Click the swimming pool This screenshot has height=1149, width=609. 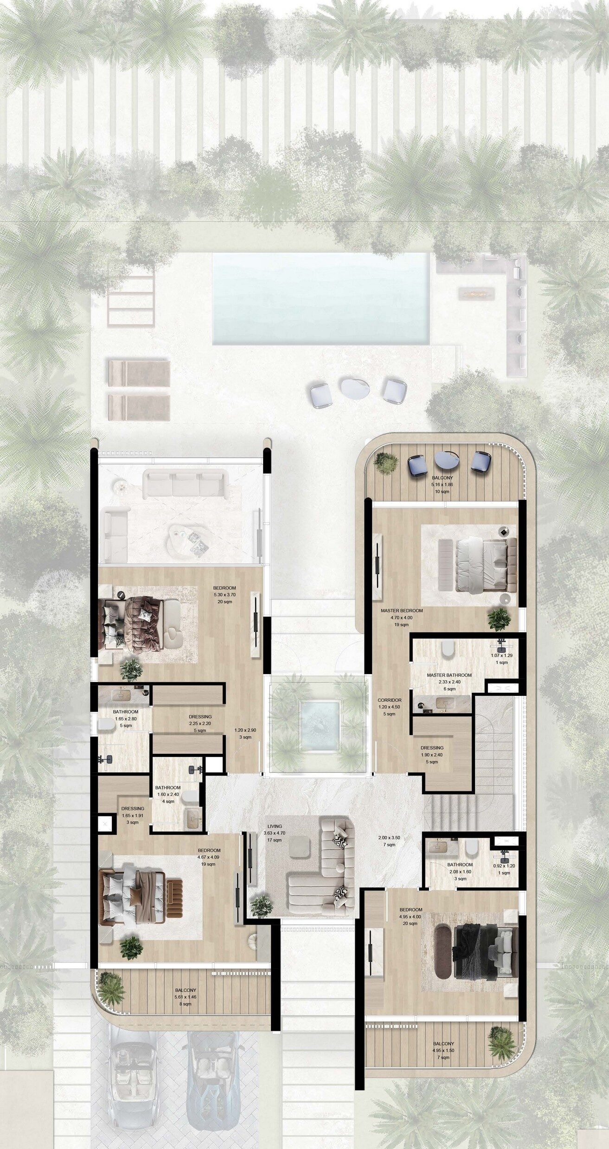[320, 298]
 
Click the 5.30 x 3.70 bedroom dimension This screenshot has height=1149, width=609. [225, 594]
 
